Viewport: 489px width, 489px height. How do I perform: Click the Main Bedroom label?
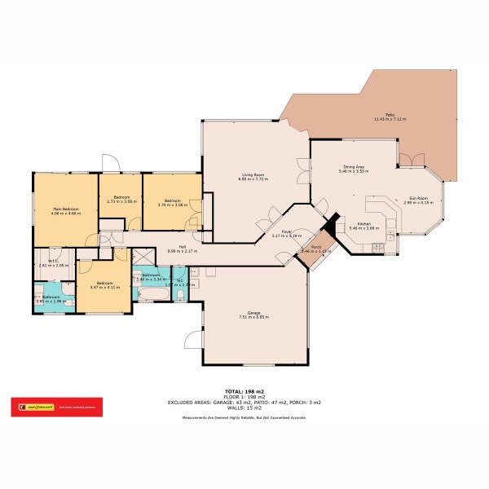point(65,209)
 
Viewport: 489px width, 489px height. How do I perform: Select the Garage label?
point(253,314)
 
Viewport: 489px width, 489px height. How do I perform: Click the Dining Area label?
point(354,167)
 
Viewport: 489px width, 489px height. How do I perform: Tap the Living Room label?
point(253,174)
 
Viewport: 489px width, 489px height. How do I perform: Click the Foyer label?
point(287,231)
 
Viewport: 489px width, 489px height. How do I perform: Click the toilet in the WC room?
point(180,294)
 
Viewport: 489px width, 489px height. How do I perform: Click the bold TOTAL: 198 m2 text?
point(244,391)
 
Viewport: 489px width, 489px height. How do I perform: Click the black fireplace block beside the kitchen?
point(331,224)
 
